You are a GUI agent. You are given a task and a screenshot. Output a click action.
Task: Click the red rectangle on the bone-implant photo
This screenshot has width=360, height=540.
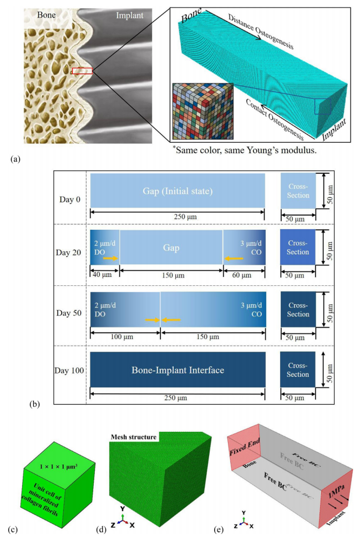click(82, 71)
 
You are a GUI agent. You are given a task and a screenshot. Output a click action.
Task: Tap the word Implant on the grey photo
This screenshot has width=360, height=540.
click(129, 16)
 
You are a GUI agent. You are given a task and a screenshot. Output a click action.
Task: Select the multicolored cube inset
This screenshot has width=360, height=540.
click(202, 111)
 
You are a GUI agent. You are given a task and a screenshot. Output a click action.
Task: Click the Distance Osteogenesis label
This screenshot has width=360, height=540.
click(261, 32)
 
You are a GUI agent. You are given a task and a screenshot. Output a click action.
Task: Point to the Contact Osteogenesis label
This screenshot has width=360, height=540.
click(275, 119)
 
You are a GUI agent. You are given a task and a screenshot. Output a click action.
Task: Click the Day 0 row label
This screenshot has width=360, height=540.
click(69, 199)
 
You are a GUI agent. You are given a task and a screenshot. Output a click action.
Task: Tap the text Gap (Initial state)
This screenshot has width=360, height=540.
click(178, 191)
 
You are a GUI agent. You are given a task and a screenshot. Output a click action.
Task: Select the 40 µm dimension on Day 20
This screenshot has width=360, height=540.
click(102, 275)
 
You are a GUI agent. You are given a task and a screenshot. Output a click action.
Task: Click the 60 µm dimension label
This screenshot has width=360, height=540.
click(242, 275)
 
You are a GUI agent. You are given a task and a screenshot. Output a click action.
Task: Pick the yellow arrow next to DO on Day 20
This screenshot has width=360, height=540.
click(110, 258)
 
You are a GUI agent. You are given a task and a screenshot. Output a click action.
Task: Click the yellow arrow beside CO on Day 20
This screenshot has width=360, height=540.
click(234, 258)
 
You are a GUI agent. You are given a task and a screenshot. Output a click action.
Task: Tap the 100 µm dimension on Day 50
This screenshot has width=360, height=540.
click(121, 336)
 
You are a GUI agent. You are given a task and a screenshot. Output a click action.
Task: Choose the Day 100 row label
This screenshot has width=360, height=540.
click(69, 371)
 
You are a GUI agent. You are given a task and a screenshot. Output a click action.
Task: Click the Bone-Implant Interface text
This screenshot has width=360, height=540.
click(178, 370)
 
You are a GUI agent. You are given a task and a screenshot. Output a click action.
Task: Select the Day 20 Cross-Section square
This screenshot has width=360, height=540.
click(298, 248)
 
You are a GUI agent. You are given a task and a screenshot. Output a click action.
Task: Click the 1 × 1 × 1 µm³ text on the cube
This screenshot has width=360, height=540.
click(58, 467)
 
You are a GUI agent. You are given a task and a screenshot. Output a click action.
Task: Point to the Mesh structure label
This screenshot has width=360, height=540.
click(134, 437)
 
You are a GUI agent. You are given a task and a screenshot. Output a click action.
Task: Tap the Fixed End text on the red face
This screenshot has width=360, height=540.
click(245, 446)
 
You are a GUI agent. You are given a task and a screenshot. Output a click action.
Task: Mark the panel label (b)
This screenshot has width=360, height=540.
click(35, 403)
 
